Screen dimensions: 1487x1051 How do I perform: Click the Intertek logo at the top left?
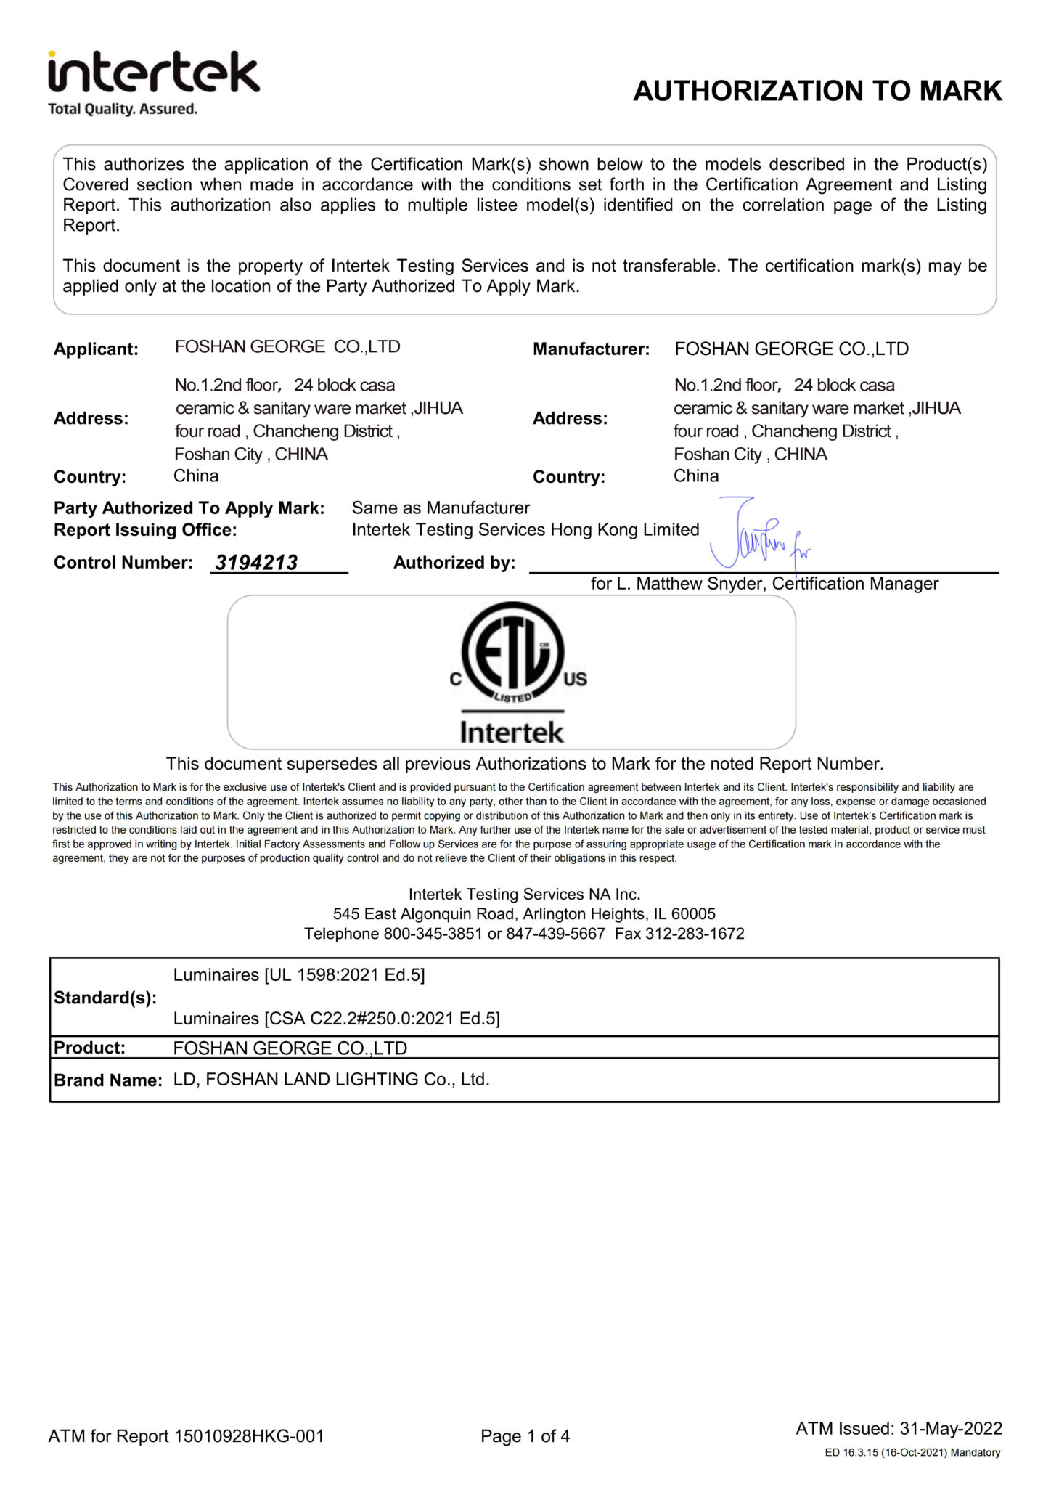[x=153, y=73]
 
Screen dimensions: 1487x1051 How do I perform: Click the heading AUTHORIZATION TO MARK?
[x=817, y=91]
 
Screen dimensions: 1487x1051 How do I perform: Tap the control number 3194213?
[x=256, y=563]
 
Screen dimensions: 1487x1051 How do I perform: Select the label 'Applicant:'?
[x=96, y=349]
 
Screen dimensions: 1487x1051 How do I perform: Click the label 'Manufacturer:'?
[x=591, y=349]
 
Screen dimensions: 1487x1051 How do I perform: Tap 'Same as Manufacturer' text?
[x=441, y=508]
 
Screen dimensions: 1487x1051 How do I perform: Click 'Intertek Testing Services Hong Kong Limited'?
[x=525, y=530]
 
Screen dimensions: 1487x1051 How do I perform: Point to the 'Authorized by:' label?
[x=454, y=563]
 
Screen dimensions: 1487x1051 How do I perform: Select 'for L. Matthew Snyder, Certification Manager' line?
[x=764, y=584]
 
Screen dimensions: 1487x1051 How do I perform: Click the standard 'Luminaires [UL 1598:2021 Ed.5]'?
[x=299, y=974]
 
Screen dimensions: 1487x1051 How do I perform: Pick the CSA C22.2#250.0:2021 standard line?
[x=336, y=1019]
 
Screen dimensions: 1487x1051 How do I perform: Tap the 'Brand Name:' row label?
[x=107, y=1080]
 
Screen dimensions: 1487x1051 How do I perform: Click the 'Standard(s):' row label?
[x=105, y=998]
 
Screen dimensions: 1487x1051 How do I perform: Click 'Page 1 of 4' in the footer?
[x=525, y=1436]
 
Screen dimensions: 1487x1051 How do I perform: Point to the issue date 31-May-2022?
[x=951, y=1429]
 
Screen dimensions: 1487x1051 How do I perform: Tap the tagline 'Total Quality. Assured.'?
[x=123, y=110]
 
